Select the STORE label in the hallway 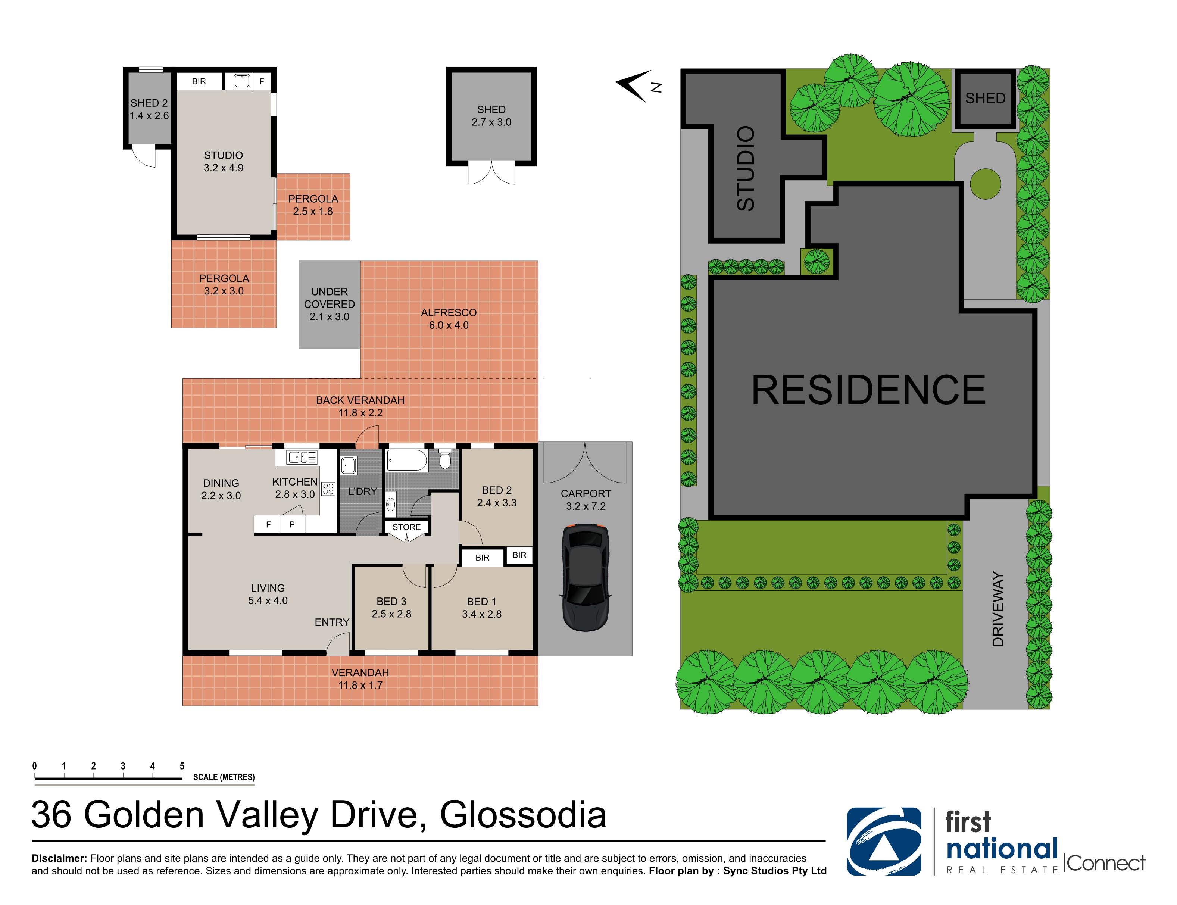click(406, 527)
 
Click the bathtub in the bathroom click(407, 461)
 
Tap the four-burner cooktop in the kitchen click(328, 489)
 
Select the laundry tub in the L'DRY click(349, 465)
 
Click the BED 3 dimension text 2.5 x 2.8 click(391, 614)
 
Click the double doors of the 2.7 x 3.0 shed click(491, 174)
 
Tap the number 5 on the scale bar click(182, 765)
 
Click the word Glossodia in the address click(522, 815)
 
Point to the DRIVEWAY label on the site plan click(998, 609)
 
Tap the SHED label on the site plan click(985, 98)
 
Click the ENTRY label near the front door click(332, 622)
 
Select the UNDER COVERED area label click(329, 304)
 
